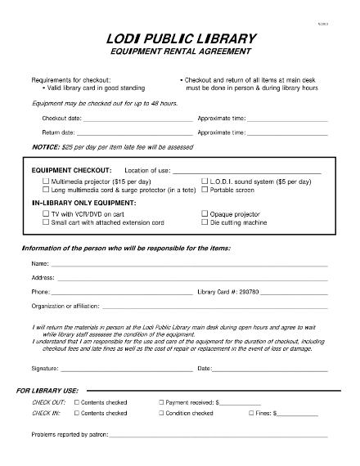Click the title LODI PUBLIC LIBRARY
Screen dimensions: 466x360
tap(180, 38)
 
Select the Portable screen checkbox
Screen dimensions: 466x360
tap(205, 190)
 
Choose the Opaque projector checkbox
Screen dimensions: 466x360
tap(205, 213)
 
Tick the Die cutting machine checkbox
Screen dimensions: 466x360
tap(205, 222)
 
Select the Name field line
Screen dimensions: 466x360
tap(188, 264)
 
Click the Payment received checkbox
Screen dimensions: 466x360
tap(161, 403)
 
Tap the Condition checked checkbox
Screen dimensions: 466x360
tap(161, 414)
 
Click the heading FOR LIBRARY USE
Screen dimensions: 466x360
tap(47, 391)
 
